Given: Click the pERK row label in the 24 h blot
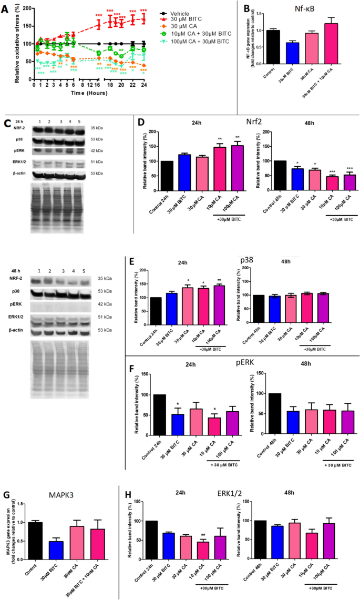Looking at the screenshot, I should coord(20,151).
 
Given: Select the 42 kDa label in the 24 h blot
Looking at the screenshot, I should coord(110,151).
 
